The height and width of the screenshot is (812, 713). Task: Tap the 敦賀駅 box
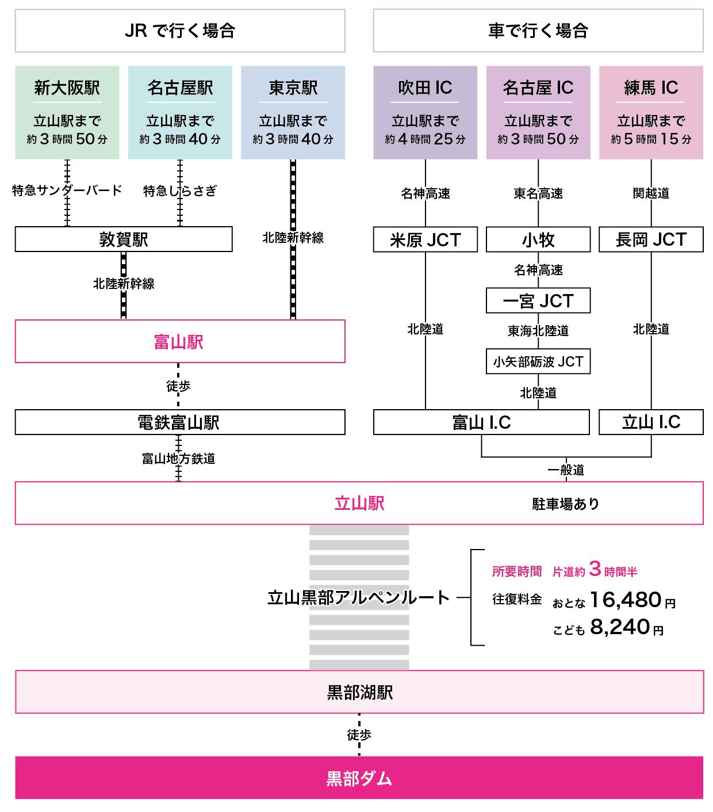point(124,239)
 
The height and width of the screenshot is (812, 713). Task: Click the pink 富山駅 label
point(179,342)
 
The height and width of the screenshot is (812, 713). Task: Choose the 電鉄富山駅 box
point(179,422)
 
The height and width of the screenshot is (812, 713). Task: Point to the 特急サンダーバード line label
point(67,190)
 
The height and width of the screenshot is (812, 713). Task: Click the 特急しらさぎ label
point(180,191)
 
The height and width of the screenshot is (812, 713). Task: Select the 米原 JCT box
point(425,240)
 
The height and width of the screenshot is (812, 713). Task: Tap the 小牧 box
point(538,240)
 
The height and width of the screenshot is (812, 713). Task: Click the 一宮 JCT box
point(538,301)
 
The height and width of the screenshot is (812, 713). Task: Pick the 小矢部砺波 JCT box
point(538,361)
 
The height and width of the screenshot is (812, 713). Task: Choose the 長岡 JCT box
point(651,240)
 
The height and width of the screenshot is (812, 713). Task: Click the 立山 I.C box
point(651,422)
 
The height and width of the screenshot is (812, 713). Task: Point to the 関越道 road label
point(651,193)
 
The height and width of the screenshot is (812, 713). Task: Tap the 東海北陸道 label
point(538,331)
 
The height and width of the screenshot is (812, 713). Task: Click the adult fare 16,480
point(625,600)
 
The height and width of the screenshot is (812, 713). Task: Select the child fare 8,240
point(620,627)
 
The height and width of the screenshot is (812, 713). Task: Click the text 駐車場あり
point(566,504)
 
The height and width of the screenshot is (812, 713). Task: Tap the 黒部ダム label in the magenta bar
point(359,779)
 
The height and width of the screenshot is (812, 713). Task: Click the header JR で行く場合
point(180,31)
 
